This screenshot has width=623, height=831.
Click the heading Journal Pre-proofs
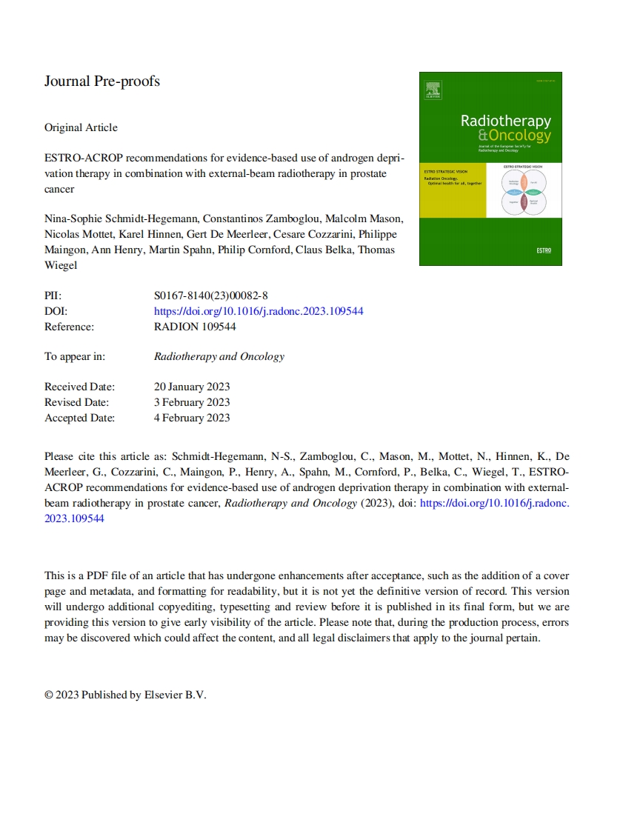pyautogui.click(x=102, y=81)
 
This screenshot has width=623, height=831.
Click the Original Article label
pyautogui.click(x=81, y=127)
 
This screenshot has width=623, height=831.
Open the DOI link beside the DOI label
pyautogui.click(x=259, y=311)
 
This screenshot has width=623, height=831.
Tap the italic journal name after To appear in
pyautogui.click(x=219, y=356)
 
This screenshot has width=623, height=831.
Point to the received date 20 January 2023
pyautogui.click(x=192, y=387)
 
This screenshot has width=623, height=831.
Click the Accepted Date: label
pyautogui.click(x=80, y=418)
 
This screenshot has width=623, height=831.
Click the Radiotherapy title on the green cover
pyautogui.click(x=505, y=121)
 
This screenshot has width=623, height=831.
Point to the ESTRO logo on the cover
pyautogui.click(x=543, y=250)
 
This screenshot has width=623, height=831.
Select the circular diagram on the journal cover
pyautogui.click(x=524, y=191)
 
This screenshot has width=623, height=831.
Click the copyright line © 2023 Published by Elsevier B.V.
pyautogui.click(x=125, y=695)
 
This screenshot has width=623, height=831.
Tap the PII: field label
pyautogui.click(x=53, y=296)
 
